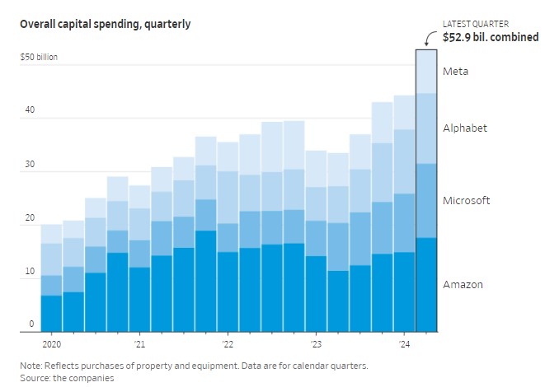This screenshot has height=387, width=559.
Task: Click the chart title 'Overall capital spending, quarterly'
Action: coord(105,24)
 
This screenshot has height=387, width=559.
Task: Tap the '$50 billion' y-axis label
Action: coord(40,58)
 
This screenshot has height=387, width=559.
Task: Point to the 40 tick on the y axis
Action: coord(31,111)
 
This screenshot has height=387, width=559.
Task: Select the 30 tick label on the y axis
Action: coord(31,165)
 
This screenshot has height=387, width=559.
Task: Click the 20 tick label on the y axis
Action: coord(31,218)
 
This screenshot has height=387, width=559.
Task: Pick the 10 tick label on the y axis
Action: coord(31,272)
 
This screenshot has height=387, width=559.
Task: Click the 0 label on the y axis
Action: coord(32,324)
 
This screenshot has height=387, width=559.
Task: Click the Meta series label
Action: coord(455,72)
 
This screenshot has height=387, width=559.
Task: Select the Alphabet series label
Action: coord(465,128)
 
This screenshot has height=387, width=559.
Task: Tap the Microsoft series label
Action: coord(467,200)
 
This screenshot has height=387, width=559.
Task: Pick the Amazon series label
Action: coord(463,284)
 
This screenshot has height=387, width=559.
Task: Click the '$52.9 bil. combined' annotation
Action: coord(490,37)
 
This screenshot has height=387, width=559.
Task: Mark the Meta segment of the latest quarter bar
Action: coord(426,72)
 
